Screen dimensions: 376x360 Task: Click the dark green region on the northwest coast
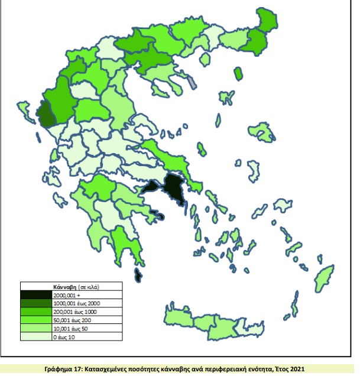coord(45,115)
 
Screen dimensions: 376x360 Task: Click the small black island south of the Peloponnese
coord(138,275)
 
